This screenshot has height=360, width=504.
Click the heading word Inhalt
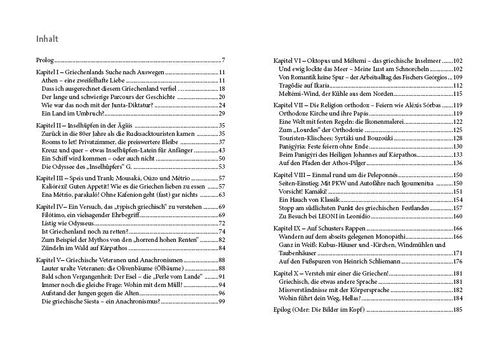coord(48,39)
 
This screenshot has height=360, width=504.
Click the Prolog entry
coord(44,60)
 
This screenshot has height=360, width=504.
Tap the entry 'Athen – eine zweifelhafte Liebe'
coord(82,81)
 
